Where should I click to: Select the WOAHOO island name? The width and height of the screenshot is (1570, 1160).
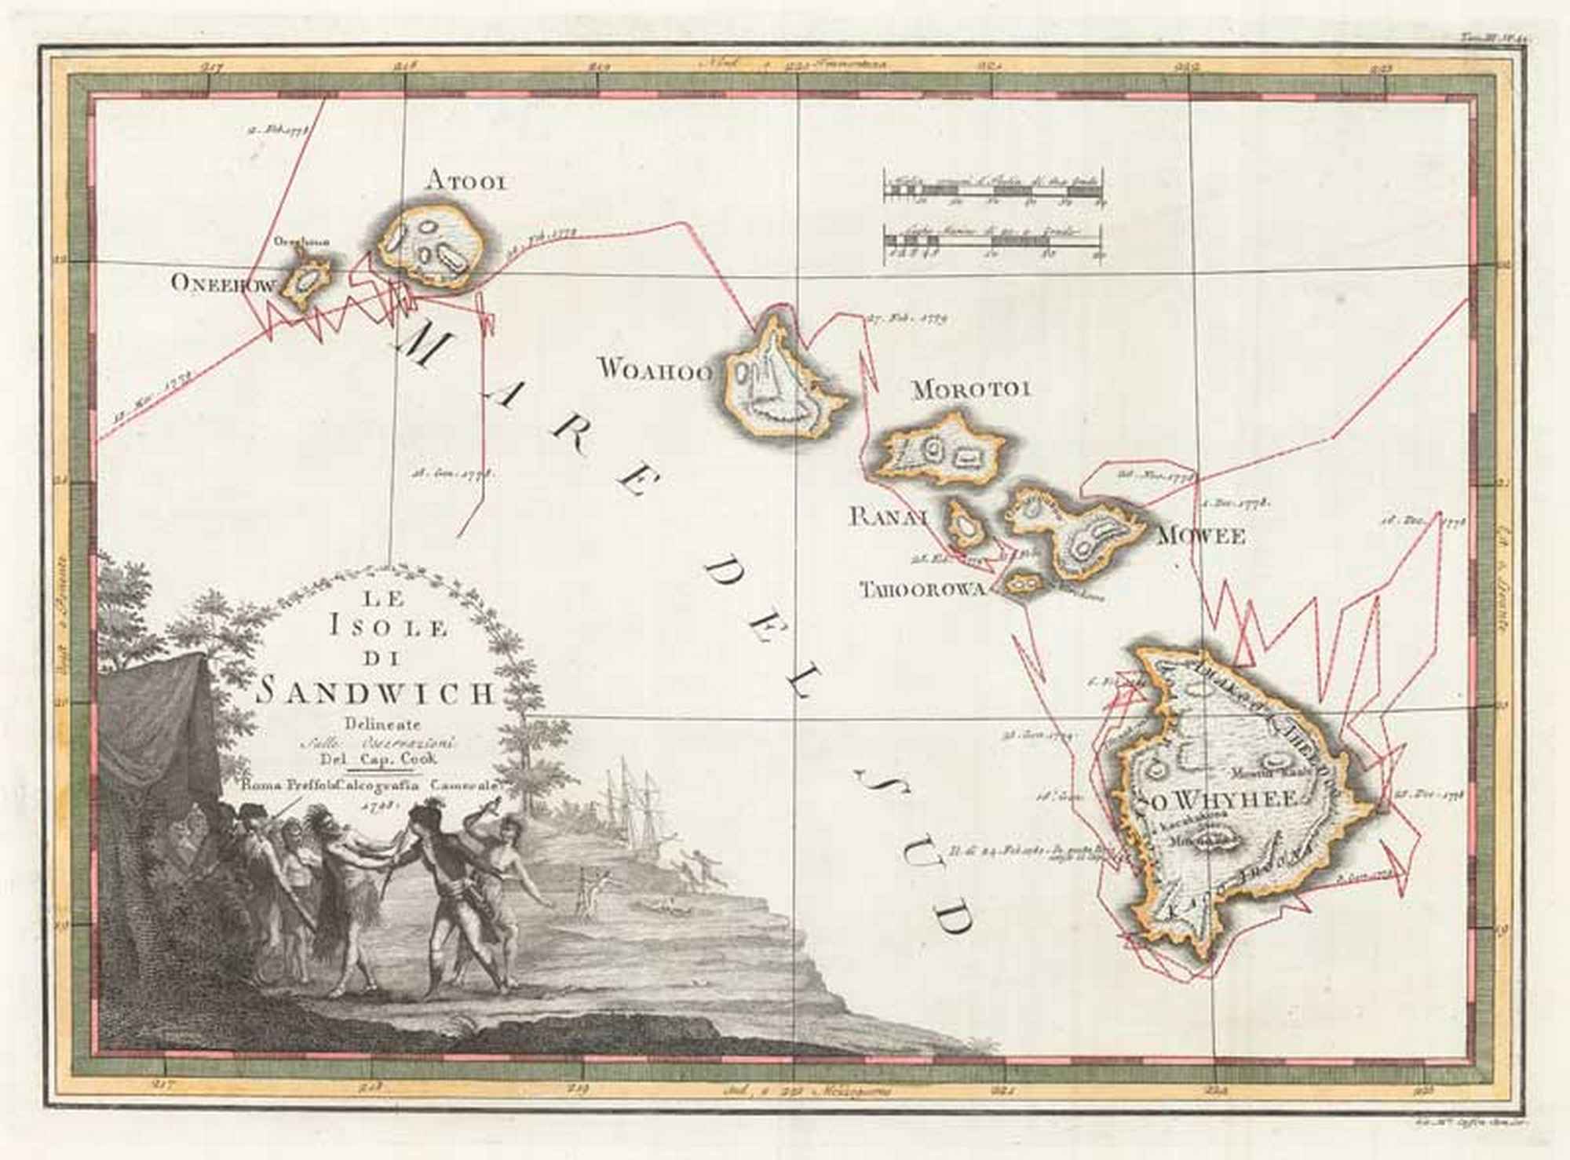655,369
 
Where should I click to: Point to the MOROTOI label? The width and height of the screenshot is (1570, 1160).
971,388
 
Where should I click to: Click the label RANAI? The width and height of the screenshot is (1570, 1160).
889,516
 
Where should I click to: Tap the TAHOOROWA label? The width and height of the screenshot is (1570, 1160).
922,589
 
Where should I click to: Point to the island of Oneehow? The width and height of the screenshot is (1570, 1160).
306,280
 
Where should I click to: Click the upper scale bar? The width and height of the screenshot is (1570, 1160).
994,188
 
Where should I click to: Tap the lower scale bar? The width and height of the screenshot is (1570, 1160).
994,243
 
